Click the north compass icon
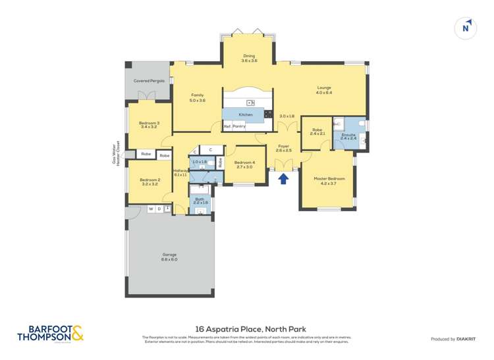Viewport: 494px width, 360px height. click(466, 28)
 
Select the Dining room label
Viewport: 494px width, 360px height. click(249, 58)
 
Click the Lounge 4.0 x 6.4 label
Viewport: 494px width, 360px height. click(323, 90)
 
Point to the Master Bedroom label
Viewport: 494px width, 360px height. click(328, 182)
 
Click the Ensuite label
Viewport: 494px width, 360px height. click(348, 136)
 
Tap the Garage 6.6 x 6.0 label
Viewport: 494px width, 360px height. click(170, 257)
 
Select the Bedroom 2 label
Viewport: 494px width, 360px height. click(150, 182)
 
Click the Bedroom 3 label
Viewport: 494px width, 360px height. click(149, 124)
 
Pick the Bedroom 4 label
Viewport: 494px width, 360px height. click(244, 165)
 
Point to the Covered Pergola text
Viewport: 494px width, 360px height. click(149, 80)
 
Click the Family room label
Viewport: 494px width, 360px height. click(198, 97)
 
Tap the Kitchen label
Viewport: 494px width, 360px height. click(246, 115)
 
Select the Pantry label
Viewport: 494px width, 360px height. click(239, 126)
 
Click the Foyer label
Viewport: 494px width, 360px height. click(283, 148)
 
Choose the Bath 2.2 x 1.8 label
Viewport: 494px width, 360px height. click(200, 200)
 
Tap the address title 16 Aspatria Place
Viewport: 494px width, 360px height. click(250, 328)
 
